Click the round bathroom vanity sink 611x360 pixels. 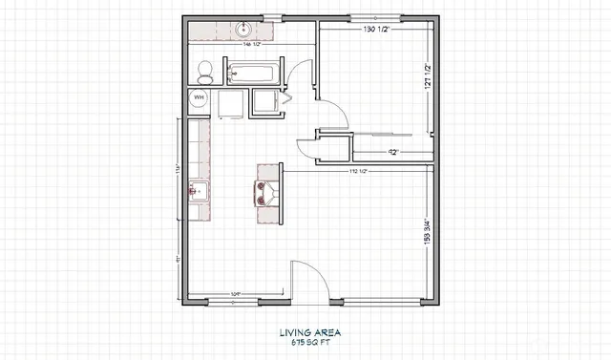tap(242, 31)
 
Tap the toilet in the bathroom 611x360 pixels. tap(203, 70)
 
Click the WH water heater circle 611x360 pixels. tap(200, 98)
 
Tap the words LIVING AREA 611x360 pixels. tap(310, 333)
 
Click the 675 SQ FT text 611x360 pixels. tap(310, 343)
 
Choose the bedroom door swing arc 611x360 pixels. tap(336, 116)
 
